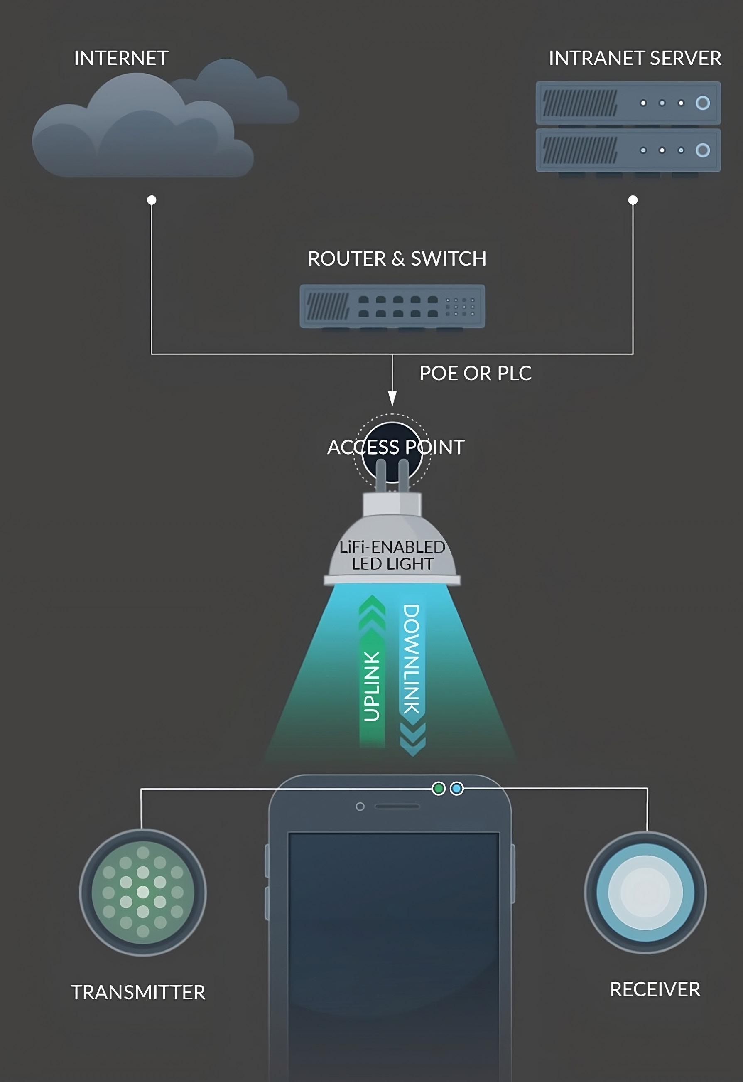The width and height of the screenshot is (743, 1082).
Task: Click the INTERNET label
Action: point(121,59)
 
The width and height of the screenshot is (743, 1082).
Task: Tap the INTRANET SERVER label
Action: point(635,59)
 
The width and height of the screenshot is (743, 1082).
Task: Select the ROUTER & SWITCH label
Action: point(397,259)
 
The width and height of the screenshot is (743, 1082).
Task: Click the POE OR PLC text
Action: point(475,374)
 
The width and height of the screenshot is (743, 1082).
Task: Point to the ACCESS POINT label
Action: point(396,448)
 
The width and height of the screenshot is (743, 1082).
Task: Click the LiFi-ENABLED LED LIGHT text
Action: point(392,555)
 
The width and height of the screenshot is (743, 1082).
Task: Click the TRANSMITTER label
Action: point(138,993)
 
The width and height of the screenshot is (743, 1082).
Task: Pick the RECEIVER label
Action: point(655,990)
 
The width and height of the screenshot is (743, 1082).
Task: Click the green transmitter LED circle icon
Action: point(143,893)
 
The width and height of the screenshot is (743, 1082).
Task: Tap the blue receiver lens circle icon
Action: point(645,892)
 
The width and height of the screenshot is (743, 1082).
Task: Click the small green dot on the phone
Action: point(439,789)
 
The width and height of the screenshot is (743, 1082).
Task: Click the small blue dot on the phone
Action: point(457,789)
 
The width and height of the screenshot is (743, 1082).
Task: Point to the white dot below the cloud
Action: point(151,200)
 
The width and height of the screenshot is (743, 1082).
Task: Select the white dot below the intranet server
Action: point(633,200)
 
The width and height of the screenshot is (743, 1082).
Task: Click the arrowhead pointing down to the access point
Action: point(392,398)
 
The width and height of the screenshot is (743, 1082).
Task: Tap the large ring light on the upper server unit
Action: point(702,103)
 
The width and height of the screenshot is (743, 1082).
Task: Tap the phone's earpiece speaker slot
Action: point(397,806)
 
